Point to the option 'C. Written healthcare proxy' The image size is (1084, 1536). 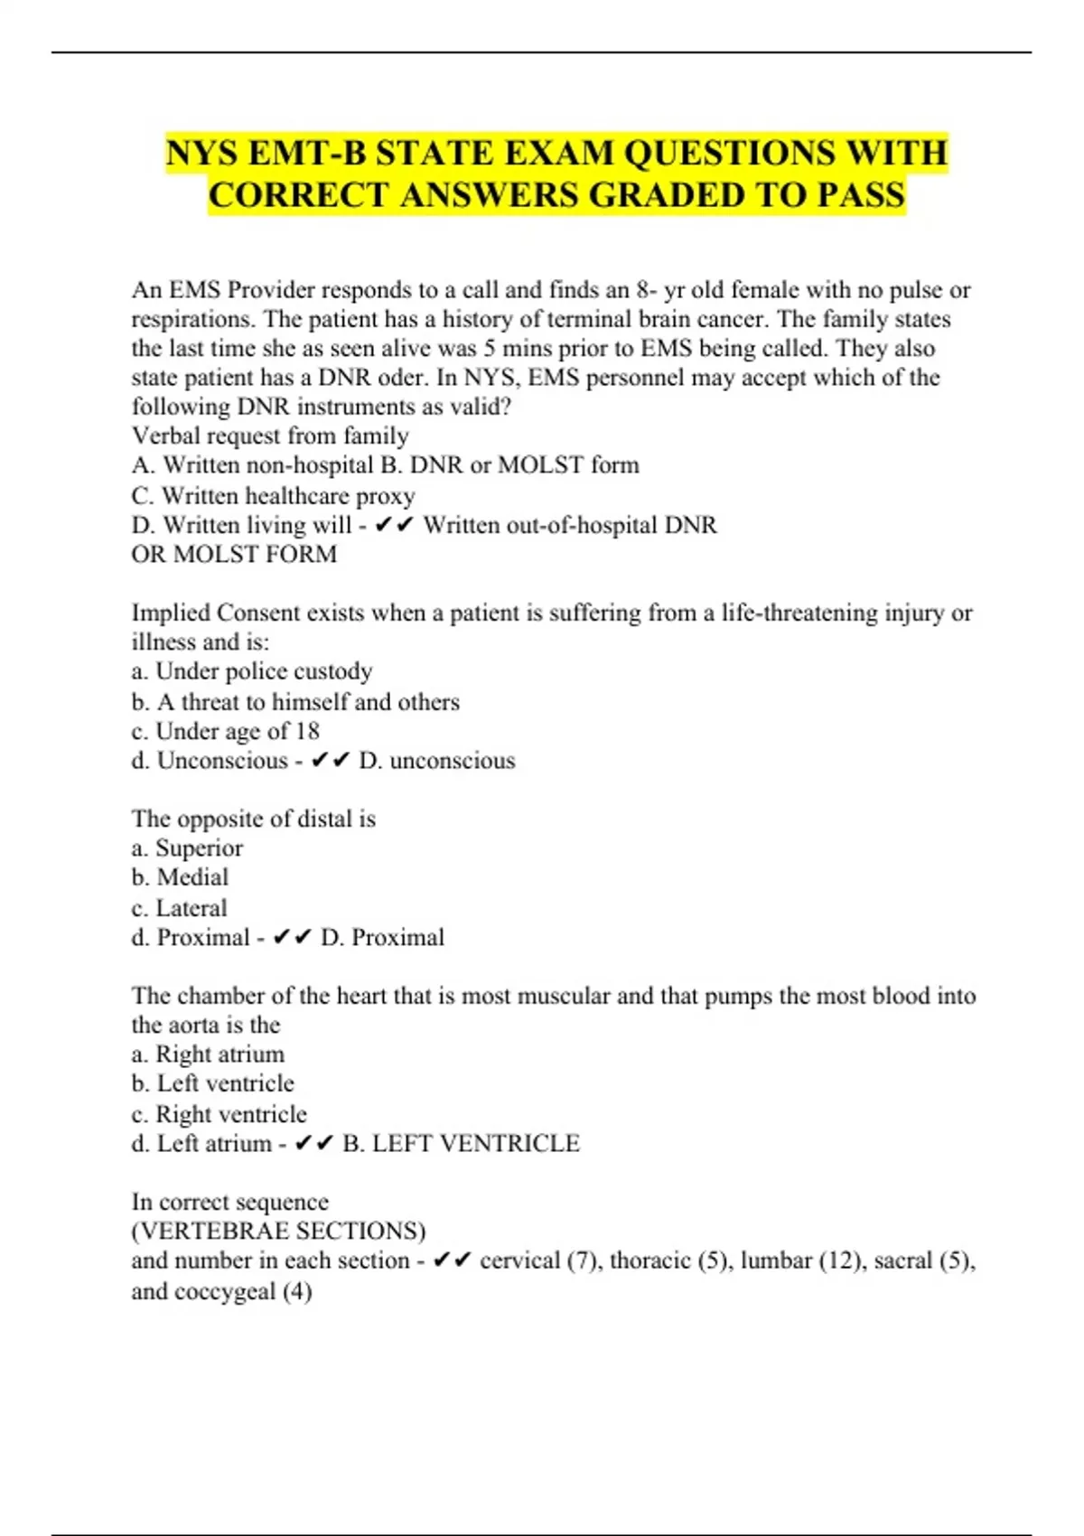coord(273,495)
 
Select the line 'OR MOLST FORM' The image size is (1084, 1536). coord(234,554)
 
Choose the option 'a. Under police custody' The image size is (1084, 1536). coord(252,671)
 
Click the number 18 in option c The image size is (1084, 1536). coord(307,730)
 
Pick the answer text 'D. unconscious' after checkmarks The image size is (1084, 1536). coord(437,760)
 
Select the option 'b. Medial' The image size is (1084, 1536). coord(180,877)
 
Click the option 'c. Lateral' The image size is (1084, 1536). coord(179,907)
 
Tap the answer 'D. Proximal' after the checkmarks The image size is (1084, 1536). coord(382,937)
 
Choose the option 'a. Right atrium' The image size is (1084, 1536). coord(208,1054)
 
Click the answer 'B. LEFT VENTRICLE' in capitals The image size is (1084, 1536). coord(461,1143)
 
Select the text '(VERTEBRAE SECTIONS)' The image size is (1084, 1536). coord(278,1231)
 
